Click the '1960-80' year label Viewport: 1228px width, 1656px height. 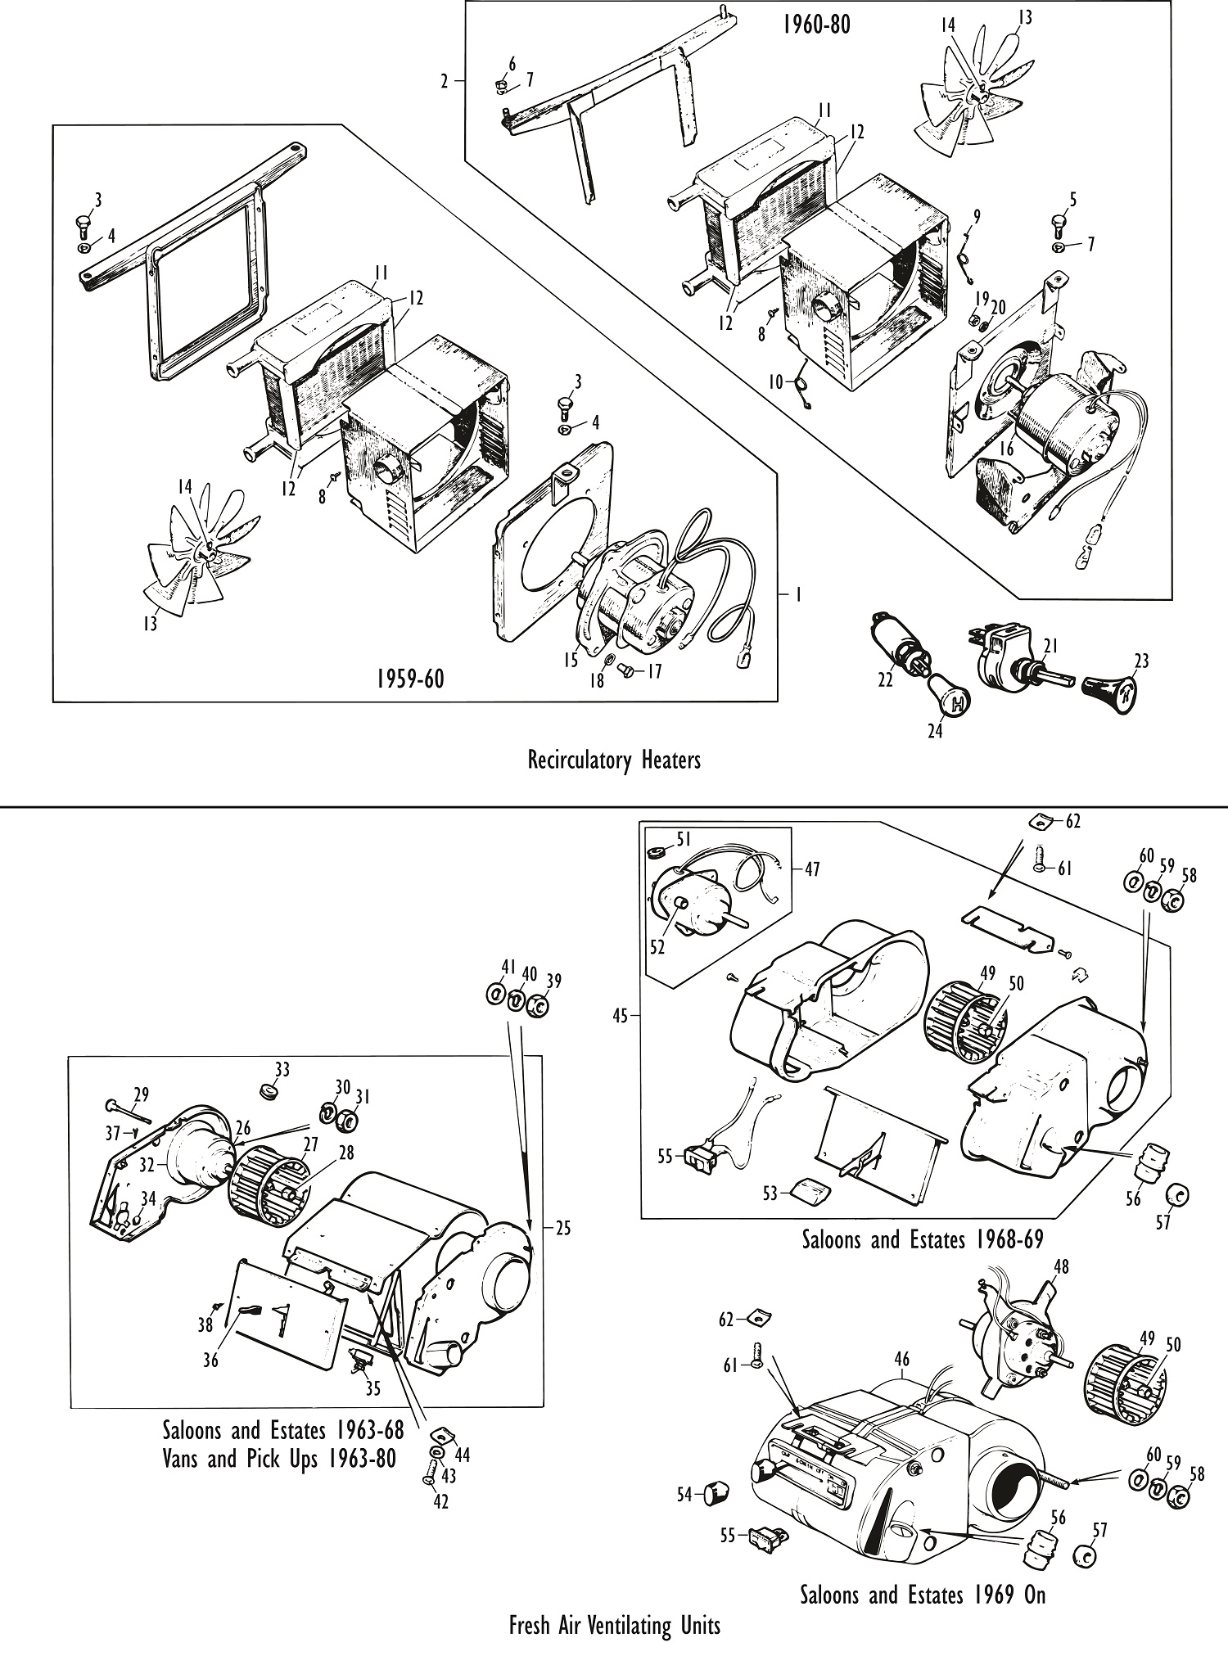815,25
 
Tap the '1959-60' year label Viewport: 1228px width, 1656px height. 410,679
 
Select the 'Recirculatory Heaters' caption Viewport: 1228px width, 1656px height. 614,760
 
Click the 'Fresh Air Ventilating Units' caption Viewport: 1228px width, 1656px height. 614,1625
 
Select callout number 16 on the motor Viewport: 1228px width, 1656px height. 1006,448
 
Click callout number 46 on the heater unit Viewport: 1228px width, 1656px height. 901,1360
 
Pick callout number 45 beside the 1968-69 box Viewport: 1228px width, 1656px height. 620,1017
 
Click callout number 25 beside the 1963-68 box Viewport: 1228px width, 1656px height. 562,1227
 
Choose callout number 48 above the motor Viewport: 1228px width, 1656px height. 1061,1266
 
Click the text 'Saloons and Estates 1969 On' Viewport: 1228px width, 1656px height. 923,1595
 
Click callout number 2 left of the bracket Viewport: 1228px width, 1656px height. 445,81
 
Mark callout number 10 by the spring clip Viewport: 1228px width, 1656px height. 775,381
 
